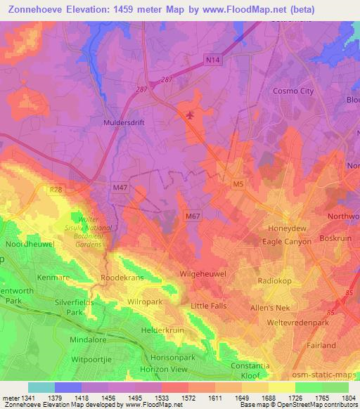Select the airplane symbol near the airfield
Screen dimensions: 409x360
[188, 115]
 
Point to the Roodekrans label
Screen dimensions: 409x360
[122, 278]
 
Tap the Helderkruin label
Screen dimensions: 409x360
[164, 330]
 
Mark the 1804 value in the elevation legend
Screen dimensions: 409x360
[347, 398]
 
